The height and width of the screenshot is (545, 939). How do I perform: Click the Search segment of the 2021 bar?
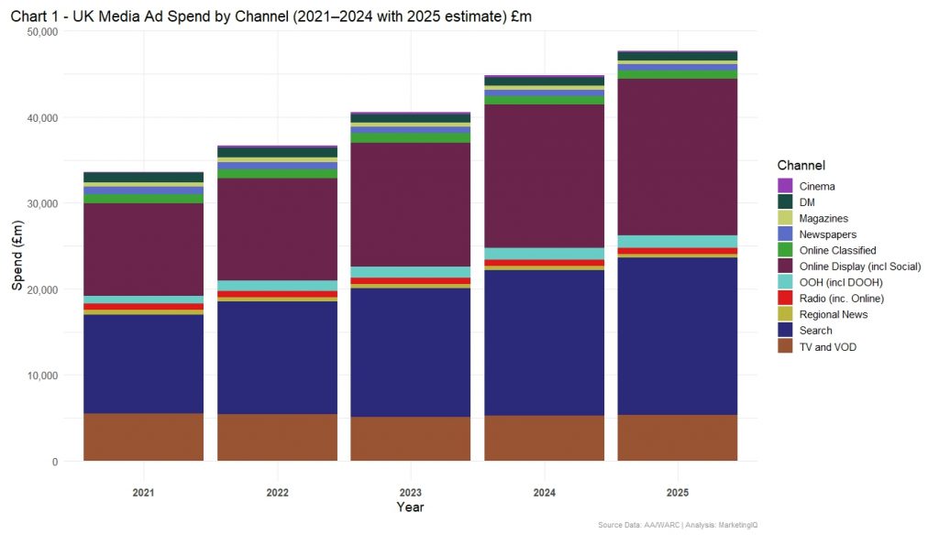(143, 364)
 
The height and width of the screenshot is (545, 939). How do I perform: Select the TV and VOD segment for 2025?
(677, 438)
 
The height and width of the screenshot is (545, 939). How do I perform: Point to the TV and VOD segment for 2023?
(410, 439)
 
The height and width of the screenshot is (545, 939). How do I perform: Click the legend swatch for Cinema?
(785, 186)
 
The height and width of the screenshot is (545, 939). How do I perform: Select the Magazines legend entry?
(823, 218)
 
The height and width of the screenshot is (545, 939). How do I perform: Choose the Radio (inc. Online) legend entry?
(840, 299)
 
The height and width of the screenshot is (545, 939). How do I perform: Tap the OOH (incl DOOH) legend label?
(840, 282)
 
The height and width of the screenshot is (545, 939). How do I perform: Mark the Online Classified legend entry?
(836, 250)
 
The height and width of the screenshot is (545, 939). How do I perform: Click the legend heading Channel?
(801, 166)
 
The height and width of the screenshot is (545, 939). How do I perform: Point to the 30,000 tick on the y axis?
(39, 203)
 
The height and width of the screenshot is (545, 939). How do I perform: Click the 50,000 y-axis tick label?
(39, 31)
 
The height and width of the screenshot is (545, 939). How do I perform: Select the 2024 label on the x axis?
(544, 493)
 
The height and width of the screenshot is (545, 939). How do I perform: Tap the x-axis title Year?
(410, 507)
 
